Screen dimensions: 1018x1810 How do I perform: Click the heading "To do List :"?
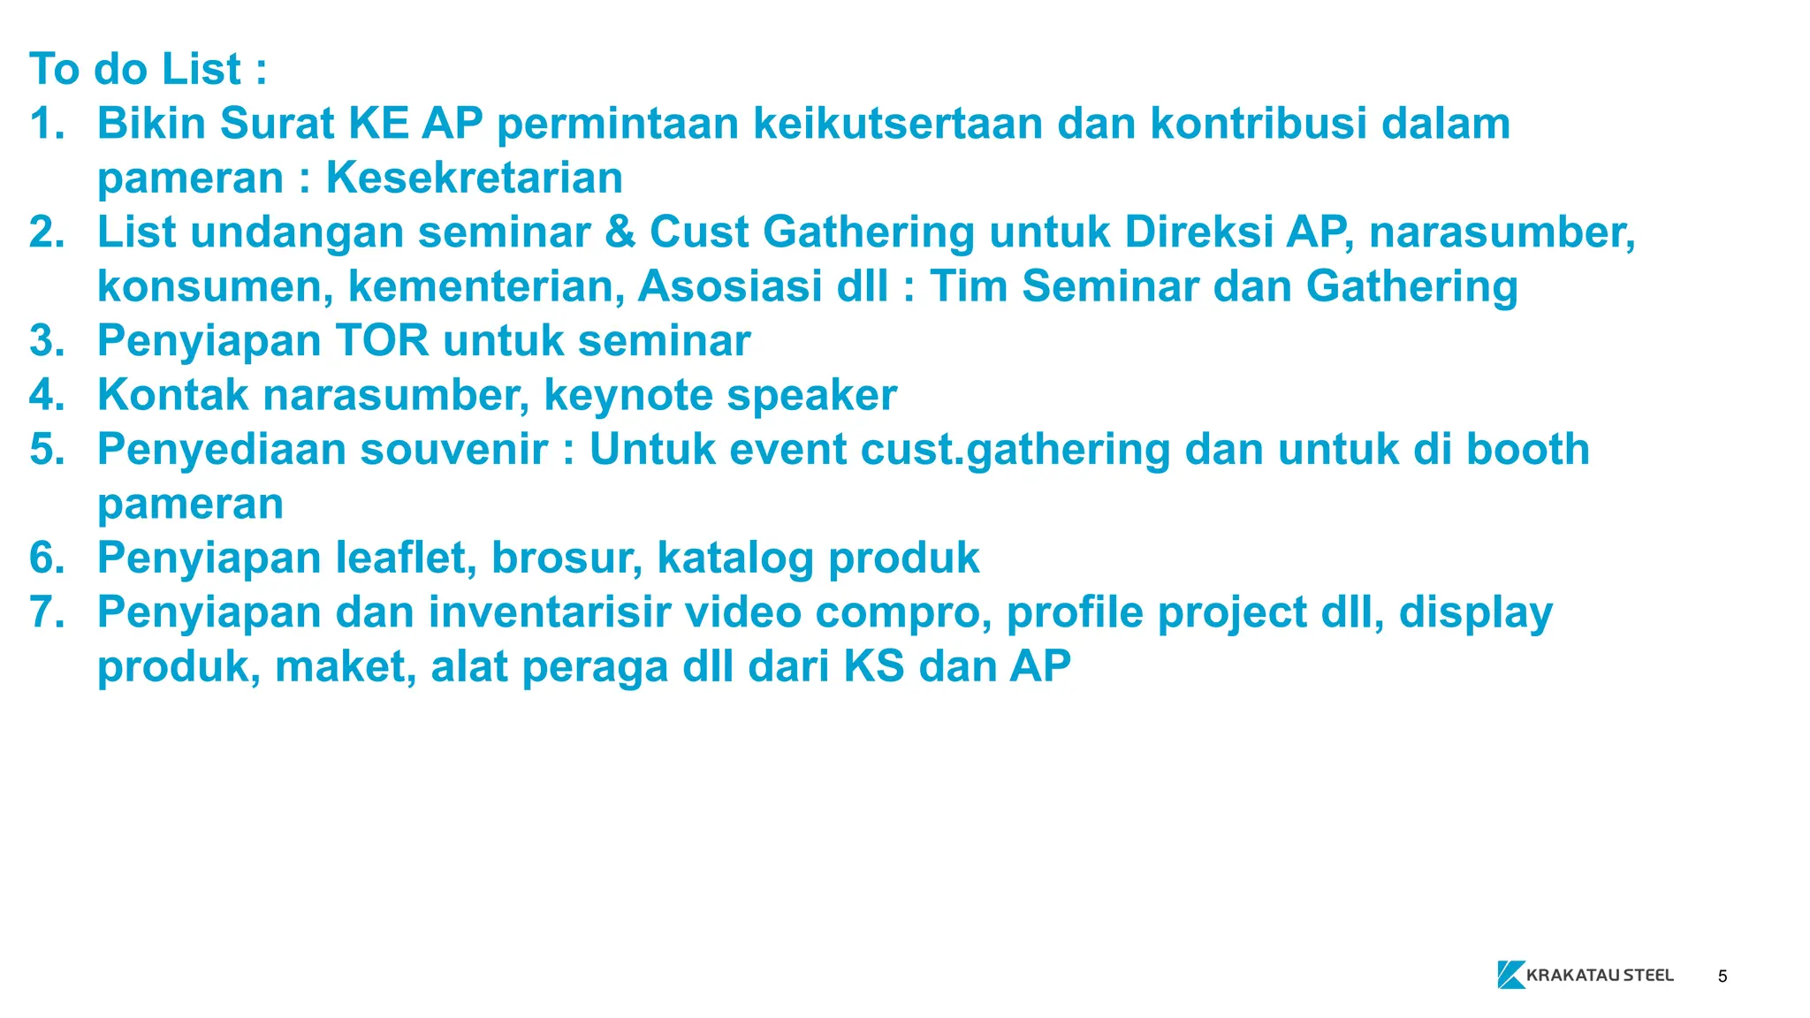[x=148, y=69]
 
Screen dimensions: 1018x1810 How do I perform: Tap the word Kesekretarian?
[x=475, y=178]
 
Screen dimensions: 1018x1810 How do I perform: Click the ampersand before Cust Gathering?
[x=620, y=232]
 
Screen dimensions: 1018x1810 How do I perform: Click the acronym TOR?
[x=382, y=341]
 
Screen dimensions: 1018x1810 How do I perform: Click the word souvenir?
[x=454, y=449]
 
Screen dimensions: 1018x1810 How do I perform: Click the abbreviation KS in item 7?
[x=874, y=666]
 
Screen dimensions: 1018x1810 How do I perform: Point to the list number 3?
[x=47, y=341]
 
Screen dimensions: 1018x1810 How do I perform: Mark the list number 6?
[x=47, y=558]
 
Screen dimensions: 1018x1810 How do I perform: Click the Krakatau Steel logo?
[x=1586, y=975]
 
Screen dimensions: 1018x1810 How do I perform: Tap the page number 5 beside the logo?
[x=1723, y=976]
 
